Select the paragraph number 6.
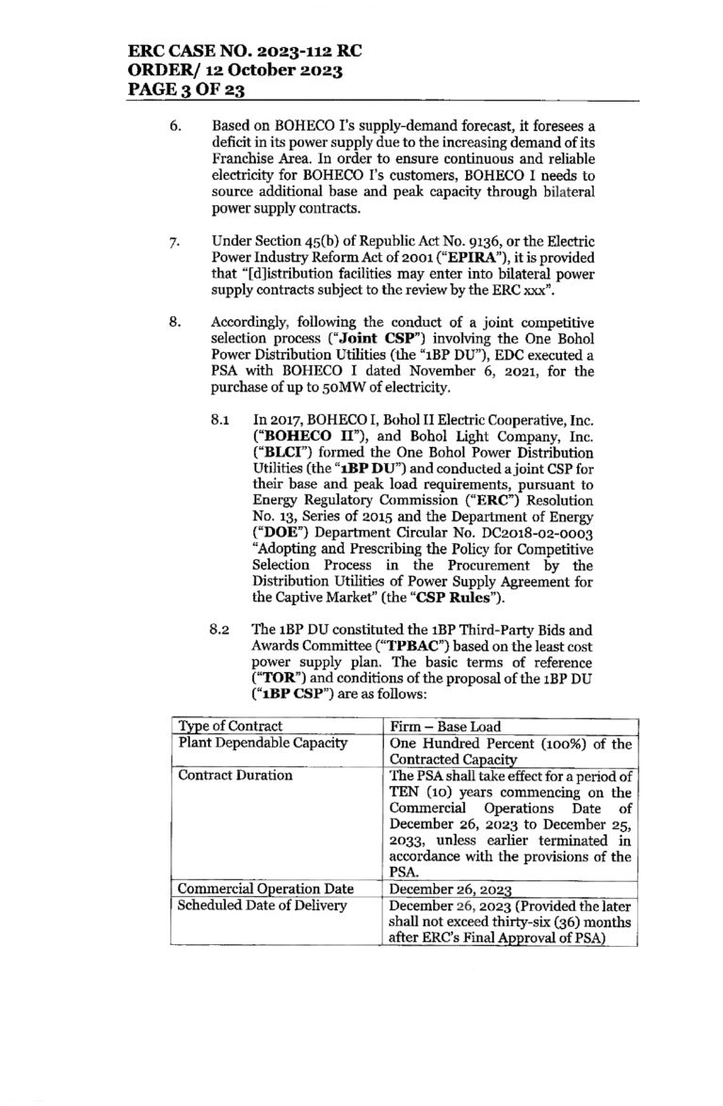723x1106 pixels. click(175, 124)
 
